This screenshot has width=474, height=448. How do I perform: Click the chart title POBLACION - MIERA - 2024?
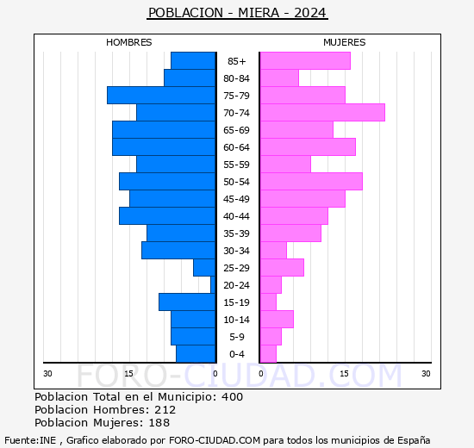pos(237,13)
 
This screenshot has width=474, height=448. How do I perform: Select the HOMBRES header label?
pos(128,42)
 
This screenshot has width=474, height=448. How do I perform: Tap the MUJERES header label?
pos(344,42)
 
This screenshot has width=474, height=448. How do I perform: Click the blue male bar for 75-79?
pos(161,96)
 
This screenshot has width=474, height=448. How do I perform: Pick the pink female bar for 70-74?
pos(322,113)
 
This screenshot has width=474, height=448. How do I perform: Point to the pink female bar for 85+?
pos(305,61)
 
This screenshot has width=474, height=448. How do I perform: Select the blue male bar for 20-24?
pos(212,285)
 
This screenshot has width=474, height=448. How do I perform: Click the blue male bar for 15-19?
pos(187,302)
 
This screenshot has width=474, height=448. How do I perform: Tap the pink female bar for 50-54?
pos(311,182)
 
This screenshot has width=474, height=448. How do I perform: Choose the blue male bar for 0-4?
pos(196,354)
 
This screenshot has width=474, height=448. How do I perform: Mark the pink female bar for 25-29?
pos(282,268)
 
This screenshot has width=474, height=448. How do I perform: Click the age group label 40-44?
pos(237,216)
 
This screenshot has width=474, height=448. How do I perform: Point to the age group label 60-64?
pos(237,147)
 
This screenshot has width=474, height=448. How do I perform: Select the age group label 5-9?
pos(237,337)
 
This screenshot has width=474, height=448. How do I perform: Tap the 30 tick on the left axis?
pos(48,373)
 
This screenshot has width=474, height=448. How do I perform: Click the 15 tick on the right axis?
pos(343,373)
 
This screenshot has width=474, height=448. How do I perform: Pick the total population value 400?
pos(232,397)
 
